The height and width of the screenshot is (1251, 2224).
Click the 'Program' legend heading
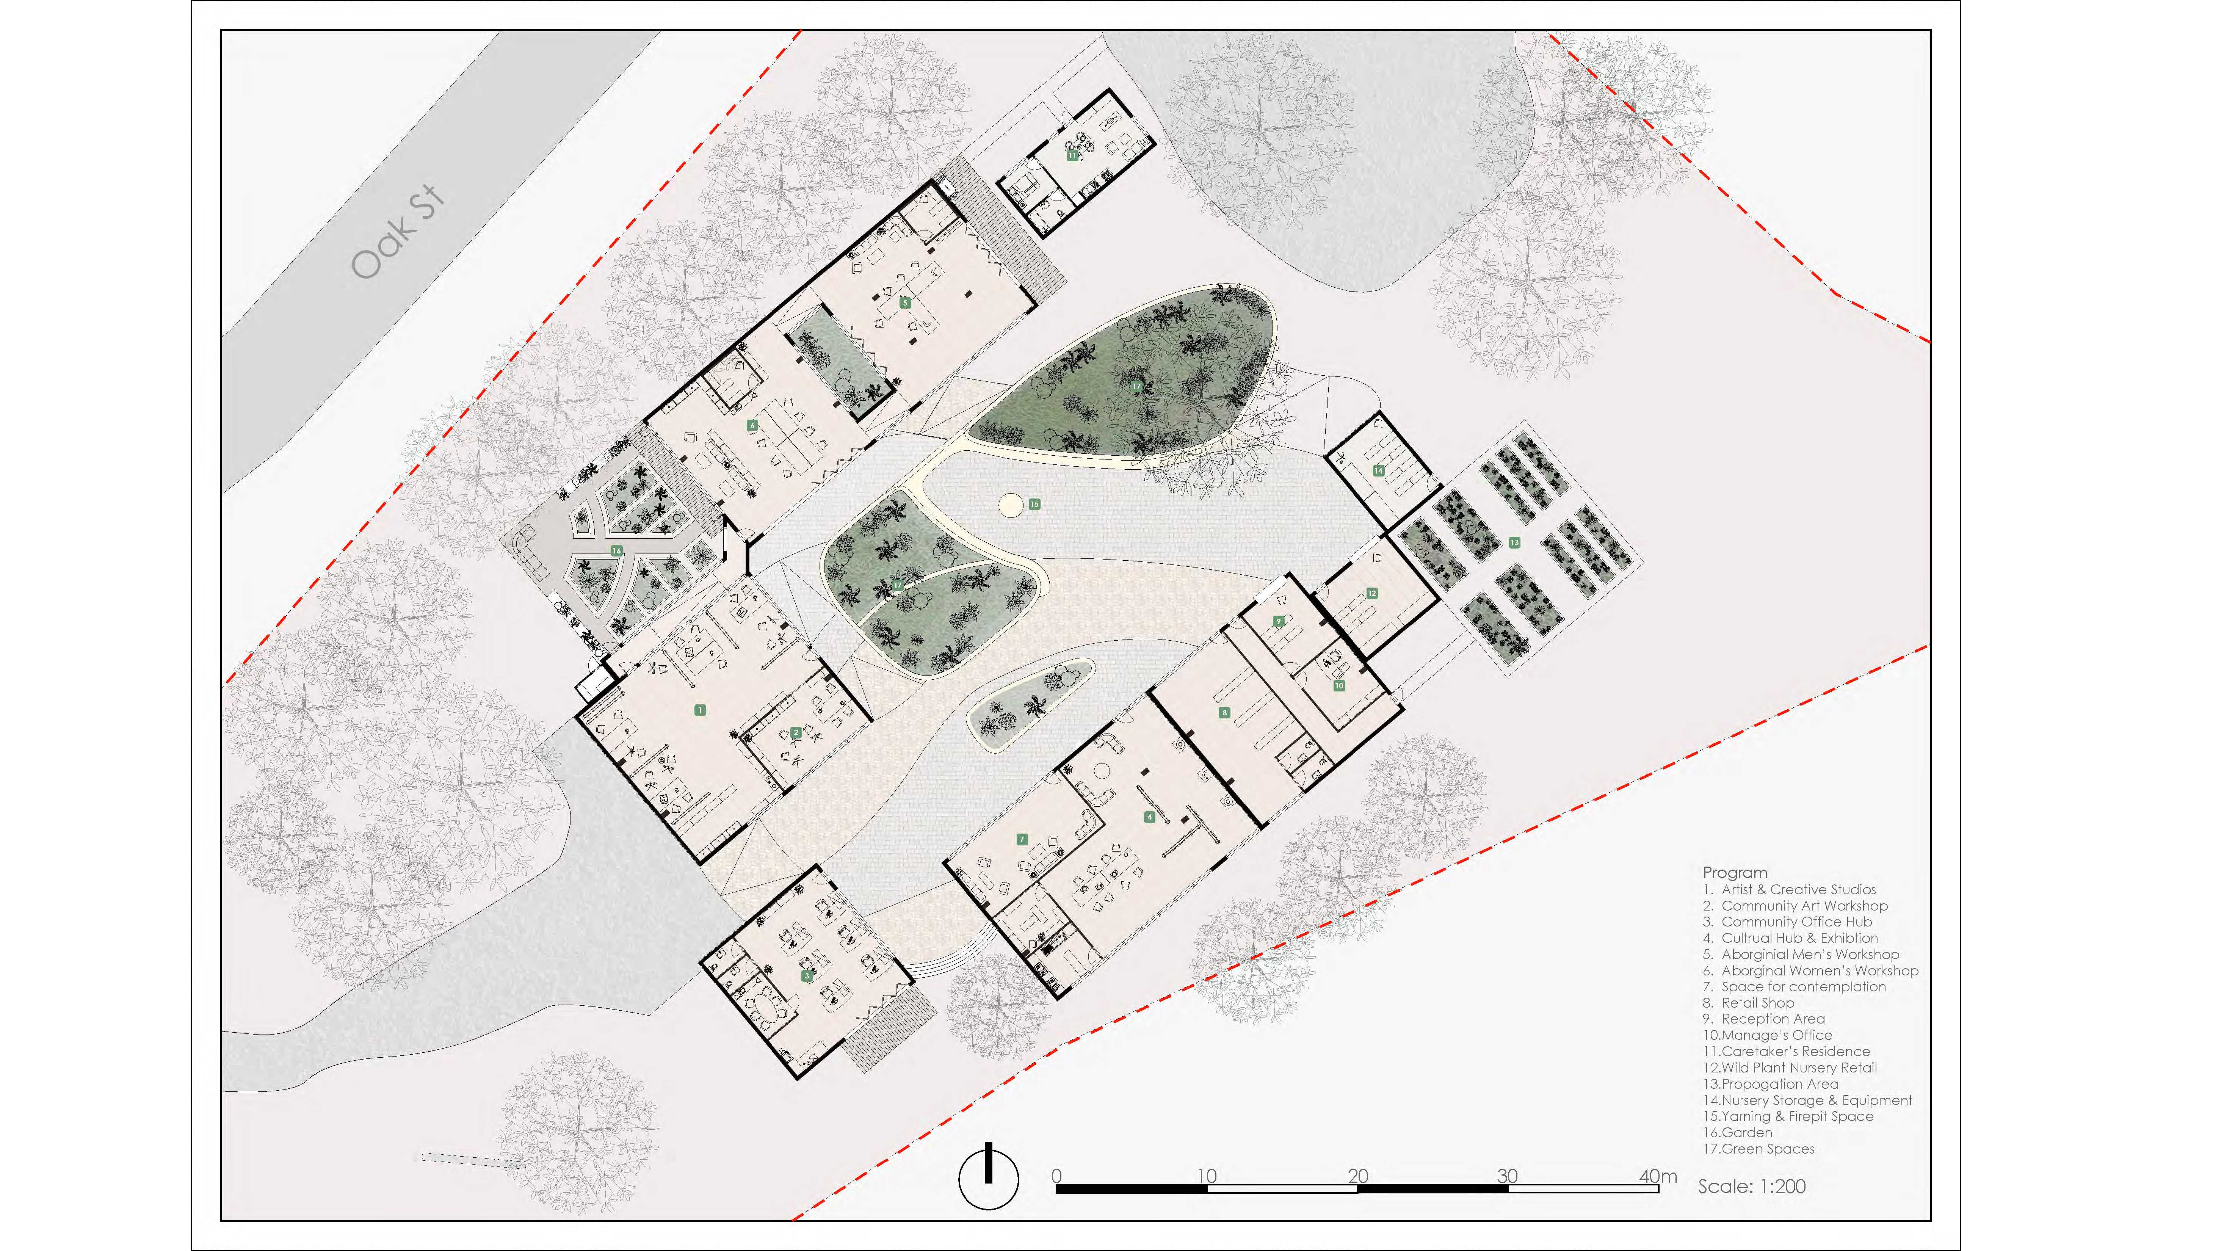click(1735, 872)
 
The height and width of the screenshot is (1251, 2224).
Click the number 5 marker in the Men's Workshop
click(906, 303)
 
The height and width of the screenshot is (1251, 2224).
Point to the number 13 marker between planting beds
click(1514, 542)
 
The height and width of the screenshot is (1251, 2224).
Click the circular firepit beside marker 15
click(1009, 504)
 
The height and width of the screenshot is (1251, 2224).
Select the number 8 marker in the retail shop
click(1224, 712)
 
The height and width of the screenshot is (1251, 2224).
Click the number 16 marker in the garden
click(616, 550)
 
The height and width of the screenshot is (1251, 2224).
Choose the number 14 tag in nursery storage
click(1379, 470)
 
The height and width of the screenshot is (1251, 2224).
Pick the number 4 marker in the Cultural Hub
click(1149, 817)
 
